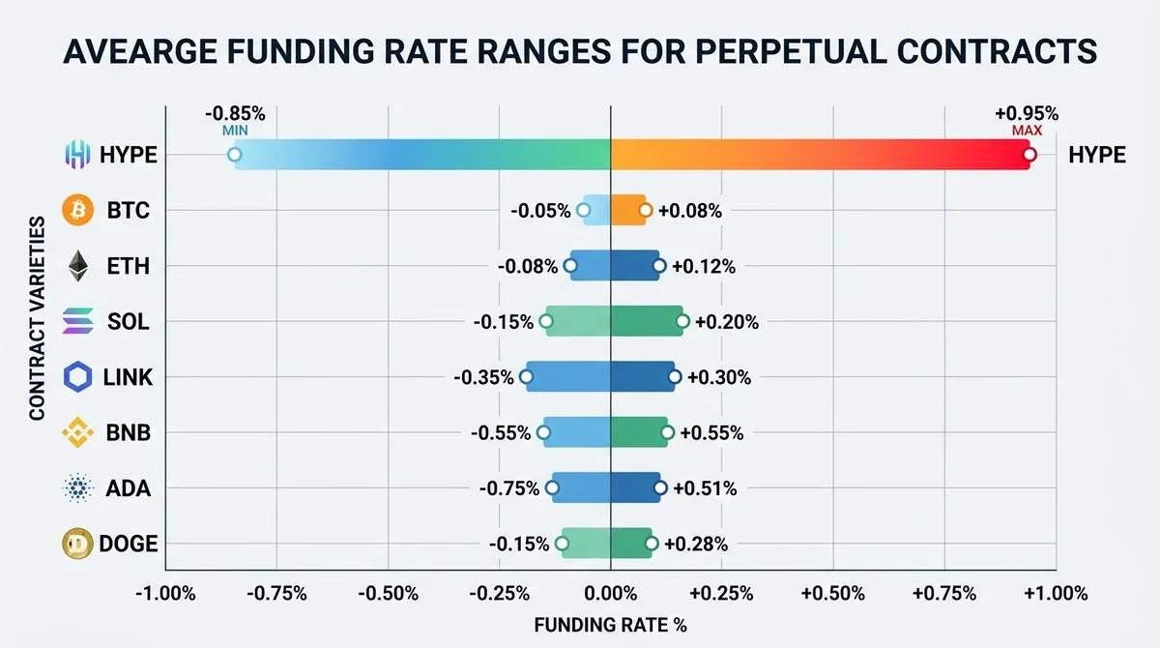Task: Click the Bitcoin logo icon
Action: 77,210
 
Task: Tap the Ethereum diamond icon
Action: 78,266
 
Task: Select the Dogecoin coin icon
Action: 77,544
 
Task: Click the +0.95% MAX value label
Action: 1027,120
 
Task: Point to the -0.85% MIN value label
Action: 235,120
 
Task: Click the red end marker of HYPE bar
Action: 1029,155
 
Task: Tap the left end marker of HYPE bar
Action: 235,155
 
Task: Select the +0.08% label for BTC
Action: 690,211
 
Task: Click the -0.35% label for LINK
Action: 483,377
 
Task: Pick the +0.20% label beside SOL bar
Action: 727,322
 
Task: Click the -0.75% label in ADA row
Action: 509,488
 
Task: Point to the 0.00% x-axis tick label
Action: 611,594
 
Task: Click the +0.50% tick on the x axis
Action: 832,594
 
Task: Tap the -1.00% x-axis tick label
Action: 165,594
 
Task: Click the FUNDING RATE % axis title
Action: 611,625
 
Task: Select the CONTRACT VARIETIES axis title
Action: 38,318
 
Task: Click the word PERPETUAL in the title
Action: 791,51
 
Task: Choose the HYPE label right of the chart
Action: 1097,155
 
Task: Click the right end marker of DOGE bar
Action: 652,544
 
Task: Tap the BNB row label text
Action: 128,433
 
